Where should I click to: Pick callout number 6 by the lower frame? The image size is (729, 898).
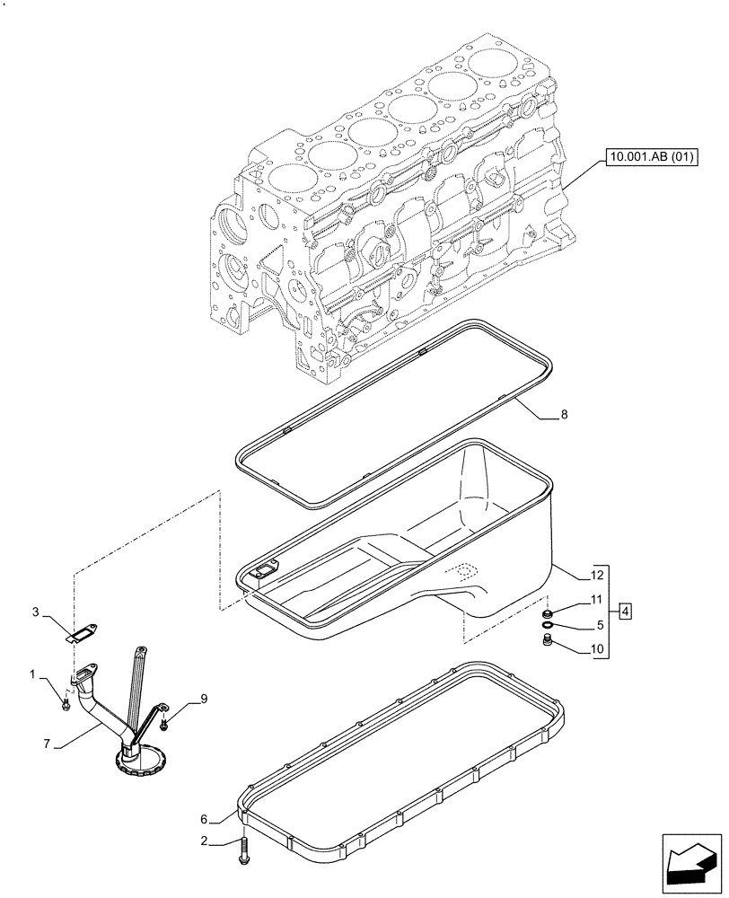pos(205,819)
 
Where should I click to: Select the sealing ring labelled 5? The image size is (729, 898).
pos(547,625)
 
